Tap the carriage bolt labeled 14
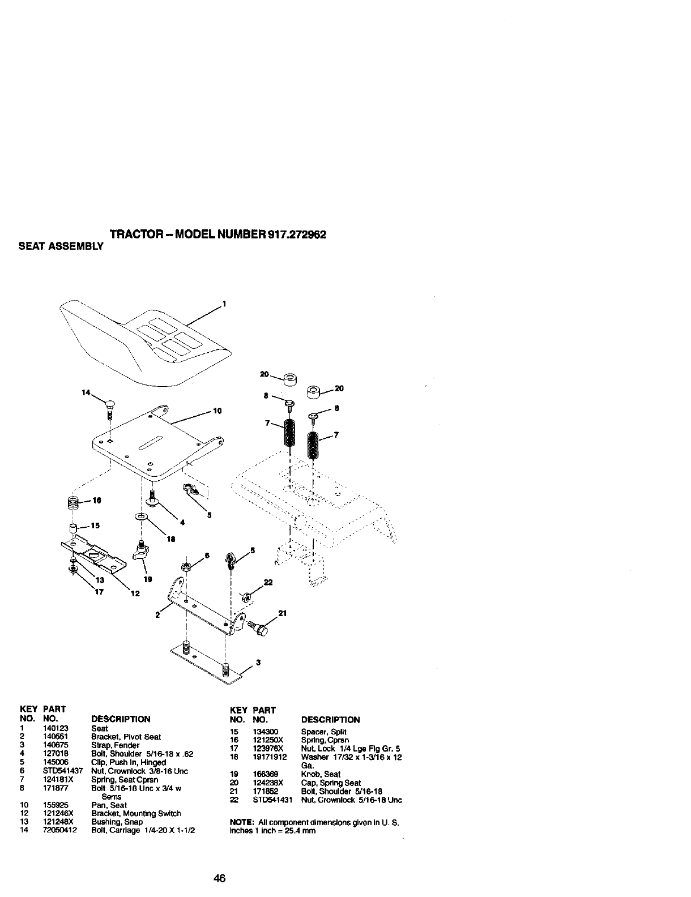[110, 408]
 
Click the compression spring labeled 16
[72, 502]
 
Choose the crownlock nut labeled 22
[246, 596]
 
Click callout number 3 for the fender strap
[258, 664]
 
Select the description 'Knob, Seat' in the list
[320, 774]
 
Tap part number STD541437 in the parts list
[63, 771]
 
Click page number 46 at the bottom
[220, 878]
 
